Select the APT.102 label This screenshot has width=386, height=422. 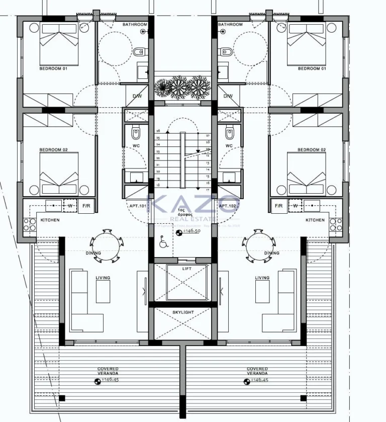click(227, 206)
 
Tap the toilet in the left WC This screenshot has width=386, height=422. click(136, 134)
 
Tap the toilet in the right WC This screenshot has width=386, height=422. click(229, 134)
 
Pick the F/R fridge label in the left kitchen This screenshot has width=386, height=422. click(86, 206)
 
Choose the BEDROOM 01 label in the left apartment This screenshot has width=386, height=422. click(53, 69)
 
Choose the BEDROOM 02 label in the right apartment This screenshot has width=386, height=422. click(312, 150)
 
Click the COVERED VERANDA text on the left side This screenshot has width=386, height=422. click(108, 371)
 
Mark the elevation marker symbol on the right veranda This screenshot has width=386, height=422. click(247, 382)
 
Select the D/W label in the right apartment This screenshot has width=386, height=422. click(228, 96)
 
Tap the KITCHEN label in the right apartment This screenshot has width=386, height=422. click(315, 220)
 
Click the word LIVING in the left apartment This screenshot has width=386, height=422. click(103, 278)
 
